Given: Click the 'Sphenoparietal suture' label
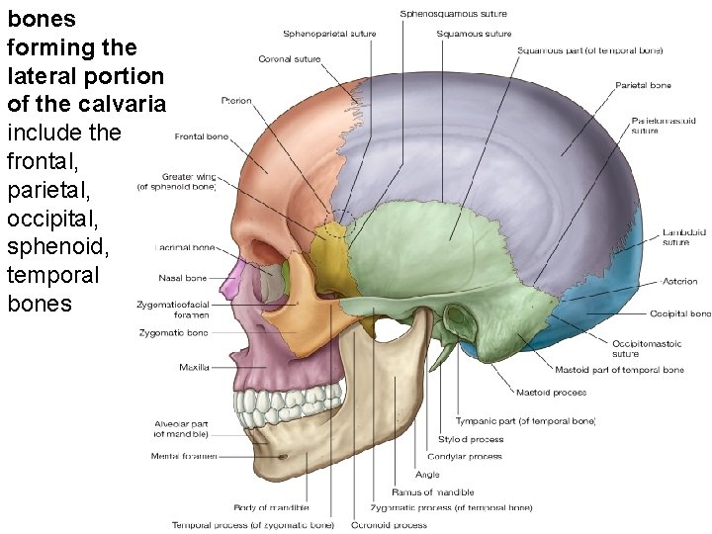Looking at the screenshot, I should coord(329,34).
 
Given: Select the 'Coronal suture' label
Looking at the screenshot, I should coord(290,59).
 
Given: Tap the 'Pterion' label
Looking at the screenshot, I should coord(237,100).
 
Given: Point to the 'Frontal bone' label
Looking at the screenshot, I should coord(201,136).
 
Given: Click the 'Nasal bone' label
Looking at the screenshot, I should coord(183,278).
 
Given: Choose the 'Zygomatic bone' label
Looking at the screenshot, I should coord(174,333).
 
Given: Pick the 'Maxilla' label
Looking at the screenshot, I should coord(194,367).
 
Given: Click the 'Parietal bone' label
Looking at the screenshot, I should coord(643,86).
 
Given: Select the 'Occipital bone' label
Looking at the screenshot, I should coord(679,313).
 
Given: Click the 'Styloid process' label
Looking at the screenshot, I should coord(471,439).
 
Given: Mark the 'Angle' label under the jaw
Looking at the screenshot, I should coord(427,475).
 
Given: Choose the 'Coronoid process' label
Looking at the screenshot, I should coord(389,525).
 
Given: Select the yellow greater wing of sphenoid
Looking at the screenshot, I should coord(331,247).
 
